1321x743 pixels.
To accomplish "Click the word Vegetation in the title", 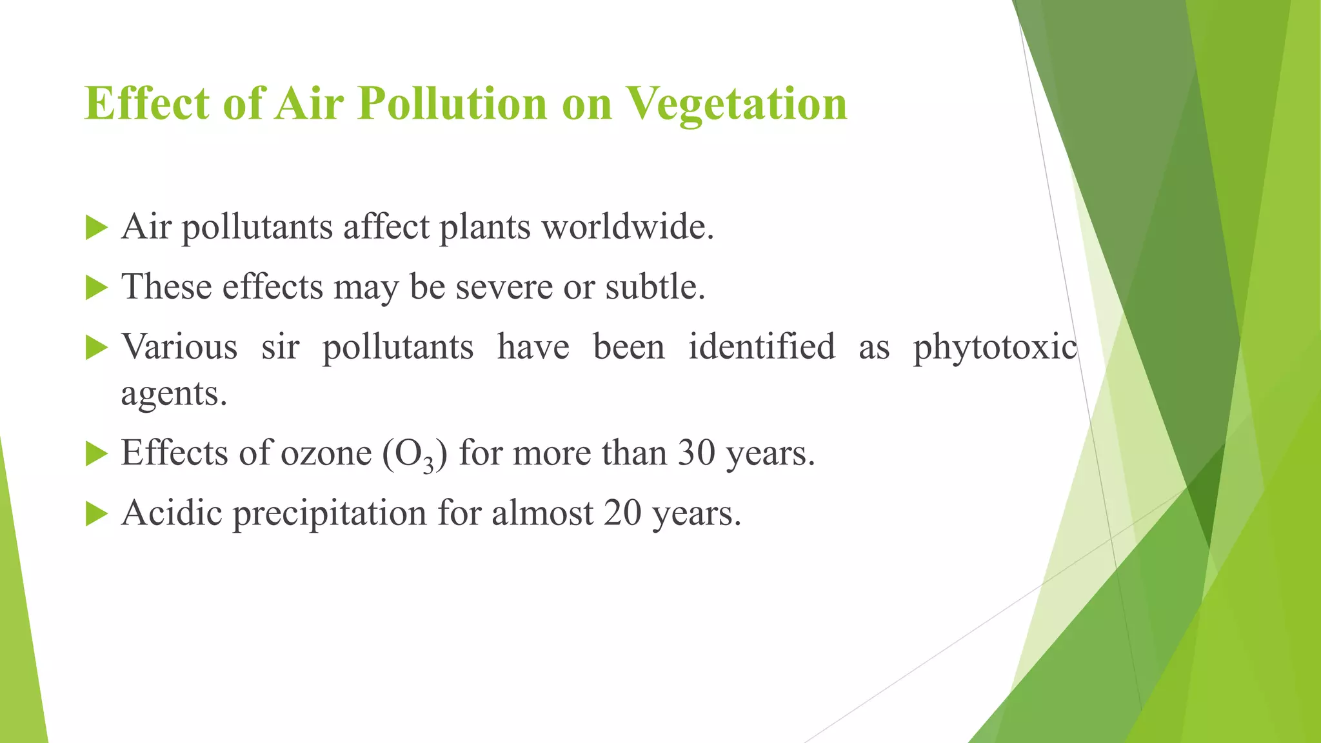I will (x=737, y=104).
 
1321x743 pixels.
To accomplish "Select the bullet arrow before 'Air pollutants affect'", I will (x=95, y=228).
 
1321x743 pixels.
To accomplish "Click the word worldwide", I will (x=627, y=227).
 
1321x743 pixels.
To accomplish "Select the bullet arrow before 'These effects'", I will (x=95, y=288).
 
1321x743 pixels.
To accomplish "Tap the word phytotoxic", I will (x=995, y=348).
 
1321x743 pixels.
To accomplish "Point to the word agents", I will (x=174, y=395).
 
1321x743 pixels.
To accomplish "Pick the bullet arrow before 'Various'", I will (x=95, y=348).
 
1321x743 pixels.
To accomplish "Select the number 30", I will (x=696, y=453).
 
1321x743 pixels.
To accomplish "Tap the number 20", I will (x=622, y=513).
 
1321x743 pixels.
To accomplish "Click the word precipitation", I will (x=330, y=515).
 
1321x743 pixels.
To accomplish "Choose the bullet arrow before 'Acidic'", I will (x=95, y=514).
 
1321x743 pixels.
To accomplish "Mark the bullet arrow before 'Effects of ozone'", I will (x=95, y=454).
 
